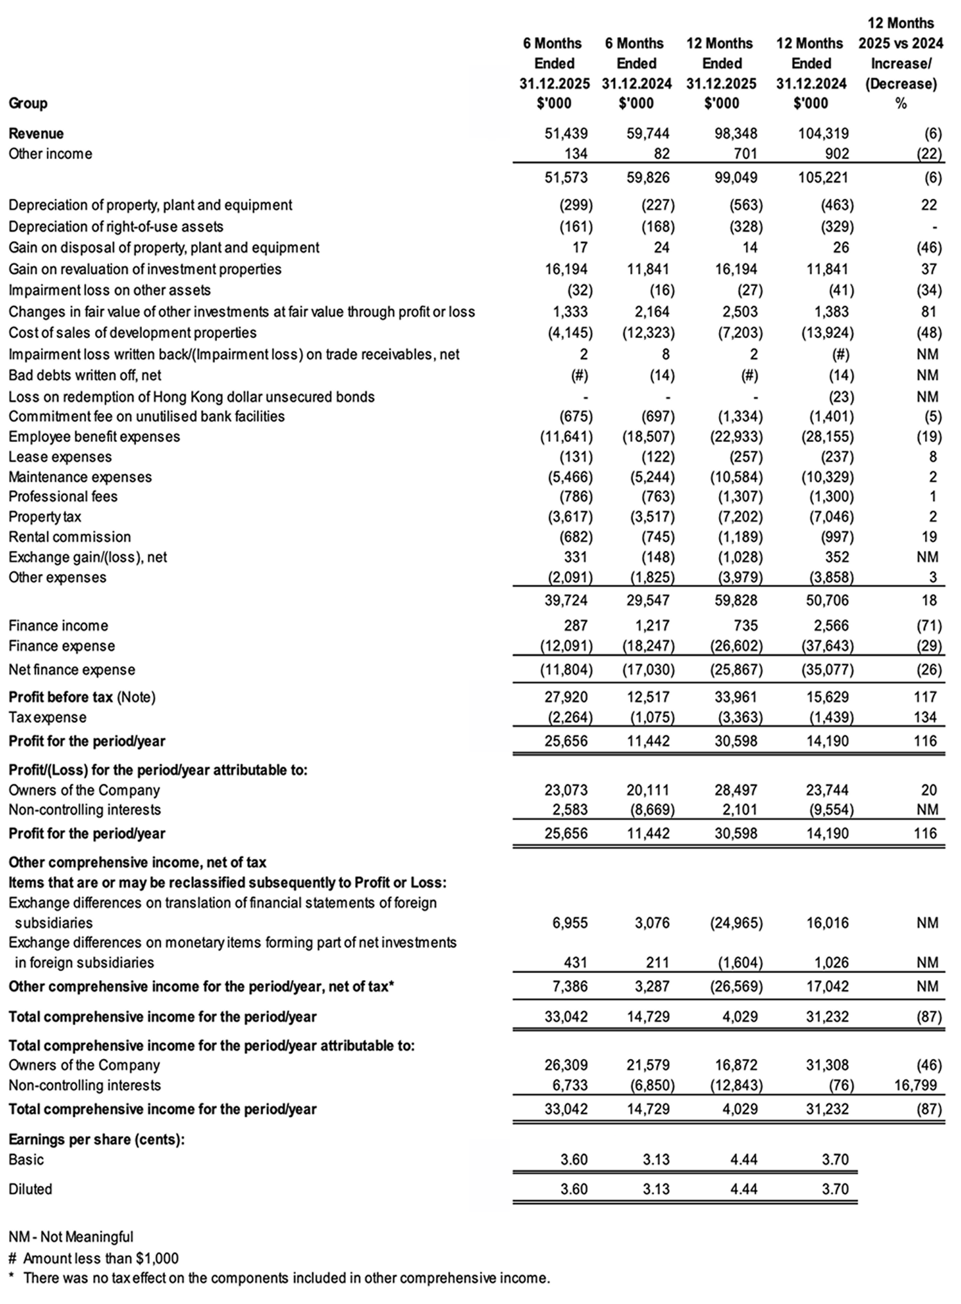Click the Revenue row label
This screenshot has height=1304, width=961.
(36, 133)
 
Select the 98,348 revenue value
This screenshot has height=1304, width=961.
(736, 133)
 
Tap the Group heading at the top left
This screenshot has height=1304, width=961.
(28, 103)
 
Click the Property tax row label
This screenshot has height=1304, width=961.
(44, 516)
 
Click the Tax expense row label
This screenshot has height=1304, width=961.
(47, 717)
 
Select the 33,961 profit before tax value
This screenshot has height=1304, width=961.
(736, 697)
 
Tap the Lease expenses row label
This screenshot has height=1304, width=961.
(60, 457)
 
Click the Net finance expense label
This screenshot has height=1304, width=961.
(72, 670)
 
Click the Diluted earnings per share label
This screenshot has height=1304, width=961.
(30, 1189)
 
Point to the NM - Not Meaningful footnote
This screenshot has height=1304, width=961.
(71, 1237)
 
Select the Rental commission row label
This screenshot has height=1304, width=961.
(69, 537)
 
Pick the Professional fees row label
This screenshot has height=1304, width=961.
(63, 496)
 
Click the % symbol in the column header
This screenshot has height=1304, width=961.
(901, 103)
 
